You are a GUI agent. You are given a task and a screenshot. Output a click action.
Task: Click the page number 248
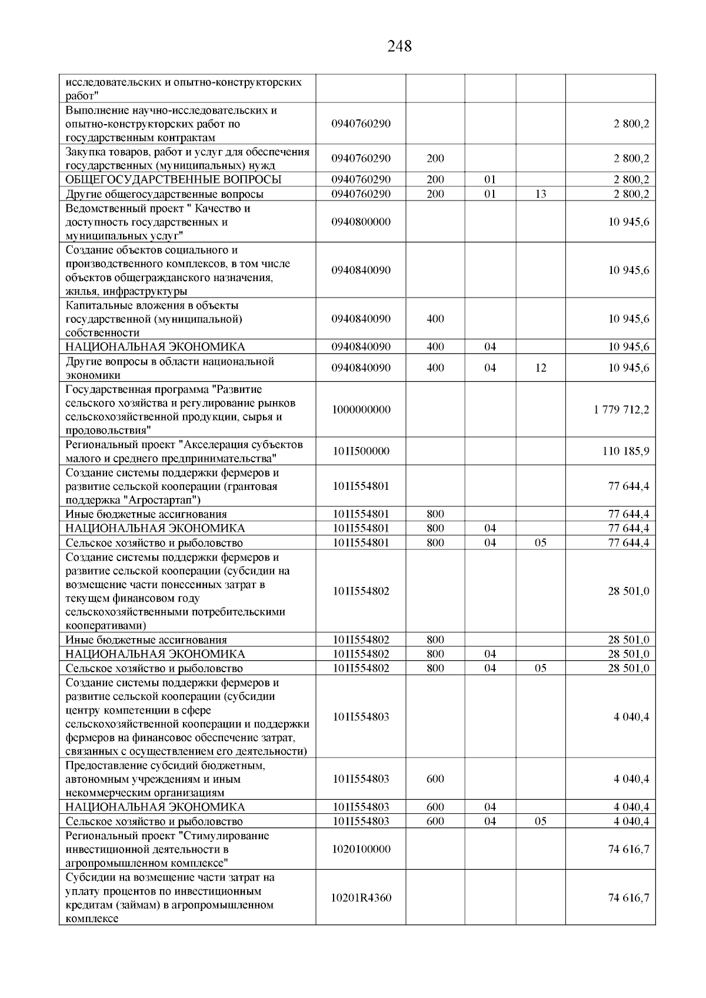pyautogui.click(x=399, y=46)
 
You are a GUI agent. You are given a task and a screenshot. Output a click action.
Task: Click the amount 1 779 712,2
pyautogui.click(x=621, y=410)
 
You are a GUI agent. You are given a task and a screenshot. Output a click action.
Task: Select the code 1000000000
pyautogui.click(x=361, y=410)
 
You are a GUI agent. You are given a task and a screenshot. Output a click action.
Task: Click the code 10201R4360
pyautogui.click(x=361, y=898)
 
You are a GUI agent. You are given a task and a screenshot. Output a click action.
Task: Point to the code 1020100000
pyautogui.click(x=361, y=849)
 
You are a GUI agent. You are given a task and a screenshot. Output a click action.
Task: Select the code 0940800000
pyautogui.click(x=361, y=222)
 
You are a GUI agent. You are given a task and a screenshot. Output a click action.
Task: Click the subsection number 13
pyautogui.click(x=541, y=194)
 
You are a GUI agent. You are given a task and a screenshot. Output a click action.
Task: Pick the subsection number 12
pyautogui.click(x=541, y=368)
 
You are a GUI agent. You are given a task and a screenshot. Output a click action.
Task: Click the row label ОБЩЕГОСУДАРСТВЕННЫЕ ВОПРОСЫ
pyautogui.click(x=173, y=179)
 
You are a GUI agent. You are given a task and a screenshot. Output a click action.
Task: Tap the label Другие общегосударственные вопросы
pyautogui.click(x=164, y=194)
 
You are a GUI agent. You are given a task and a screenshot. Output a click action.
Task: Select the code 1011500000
pyautogui.click(x=361, y=452)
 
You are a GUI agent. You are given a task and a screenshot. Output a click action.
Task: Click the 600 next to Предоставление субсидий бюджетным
pyautogui.click(x=435, y=779)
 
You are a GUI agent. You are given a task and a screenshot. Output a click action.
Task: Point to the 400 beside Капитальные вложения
pyautogui.click(x=435, y=319)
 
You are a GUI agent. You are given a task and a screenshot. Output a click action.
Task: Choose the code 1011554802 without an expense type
pyautogui.click(x=361, y=591)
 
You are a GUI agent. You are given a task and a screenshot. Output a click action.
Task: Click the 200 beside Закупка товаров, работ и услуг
pyautogui.click(x=435, y=159)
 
